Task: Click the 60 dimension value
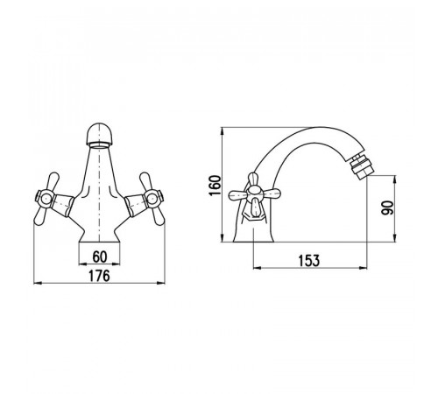point(100,257)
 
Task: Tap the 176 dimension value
point(99,276)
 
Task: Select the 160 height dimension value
point(215,186)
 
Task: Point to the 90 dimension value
point(387,208)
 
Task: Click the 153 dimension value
point(309,261)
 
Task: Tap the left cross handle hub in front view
point(45,199)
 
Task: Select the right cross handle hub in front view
point(152,199)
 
